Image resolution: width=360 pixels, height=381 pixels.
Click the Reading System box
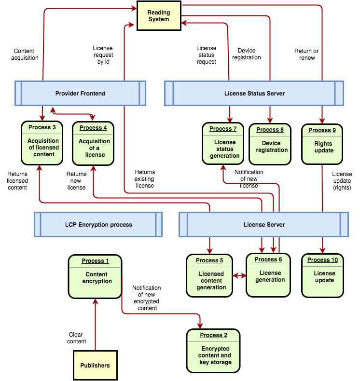click(159, 16)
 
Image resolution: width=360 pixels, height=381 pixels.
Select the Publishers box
click(95, 365)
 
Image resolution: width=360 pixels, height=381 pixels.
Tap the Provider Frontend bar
click(80, 93)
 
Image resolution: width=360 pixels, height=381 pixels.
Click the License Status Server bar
click(254, 93)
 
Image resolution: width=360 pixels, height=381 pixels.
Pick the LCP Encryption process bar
click(98, 224)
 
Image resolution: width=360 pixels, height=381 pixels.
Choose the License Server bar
click(264, 224)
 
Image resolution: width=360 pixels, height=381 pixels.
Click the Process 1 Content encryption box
click(95, 277)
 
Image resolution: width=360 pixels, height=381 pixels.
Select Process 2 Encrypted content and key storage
click(213, 351)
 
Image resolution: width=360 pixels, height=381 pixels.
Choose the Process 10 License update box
click(322, 276)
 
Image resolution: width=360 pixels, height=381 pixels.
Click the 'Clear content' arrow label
click(76, 338)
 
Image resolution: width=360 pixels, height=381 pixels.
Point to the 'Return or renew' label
click(307, 54)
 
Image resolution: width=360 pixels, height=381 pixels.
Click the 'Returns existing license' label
click(145, 178)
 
